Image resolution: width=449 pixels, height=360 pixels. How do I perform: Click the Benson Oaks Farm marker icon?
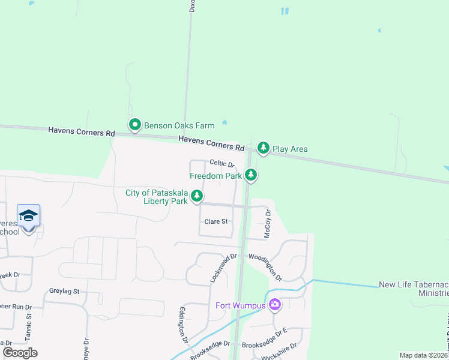click(x=135, y=125)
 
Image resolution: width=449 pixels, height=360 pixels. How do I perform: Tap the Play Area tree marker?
click(x=263, y=148)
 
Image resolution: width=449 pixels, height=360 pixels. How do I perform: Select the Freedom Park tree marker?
click(x=251, y=175)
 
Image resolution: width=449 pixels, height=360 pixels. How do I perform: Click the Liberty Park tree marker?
click(x=196, y=196)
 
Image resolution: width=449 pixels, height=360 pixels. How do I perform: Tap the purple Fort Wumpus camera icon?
click(x=275, y=305)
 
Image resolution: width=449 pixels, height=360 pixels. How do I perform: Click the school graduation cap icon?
click(x=28, y=215)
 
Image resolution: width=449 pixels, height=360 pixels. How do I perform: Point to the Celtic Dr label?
click(x=221, y=163)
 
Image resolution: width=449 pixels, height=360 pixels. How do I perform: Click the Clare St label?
click(x=216, y=221)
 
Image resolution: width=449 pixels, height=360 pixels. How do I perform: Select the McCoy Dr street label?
click(x=268, y=224)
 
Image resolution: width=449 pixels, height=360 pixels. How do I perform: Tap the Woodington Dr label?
click(x=266, y=266)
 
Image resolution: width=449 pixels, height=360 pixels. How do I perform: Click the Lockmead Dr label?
click(x=223, y=268)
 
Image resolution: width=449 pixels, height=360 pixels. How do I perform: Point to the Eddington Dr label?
click(x=182, y=325)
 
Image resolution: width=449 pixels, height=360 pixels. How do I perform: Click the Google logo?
click(x=20, y=352)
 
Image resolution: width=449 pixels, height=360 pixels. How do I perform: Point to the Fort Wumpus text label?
click(x=241, y=305)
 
